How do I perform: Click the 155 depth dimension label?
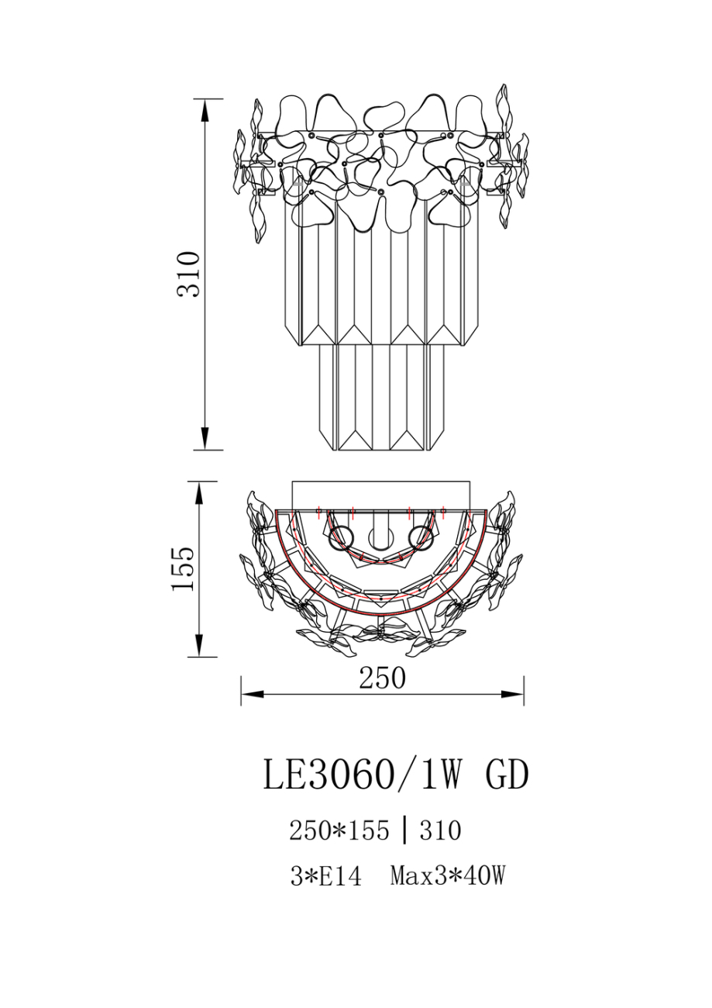click(183, 569)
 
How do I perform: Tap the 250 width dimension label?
click(382, 678)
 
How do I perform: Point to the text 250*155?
click(339, 830)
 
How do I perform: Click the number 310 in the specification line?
click(441, 830)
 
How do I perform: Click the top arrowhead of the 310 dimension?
click(205, 110)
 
